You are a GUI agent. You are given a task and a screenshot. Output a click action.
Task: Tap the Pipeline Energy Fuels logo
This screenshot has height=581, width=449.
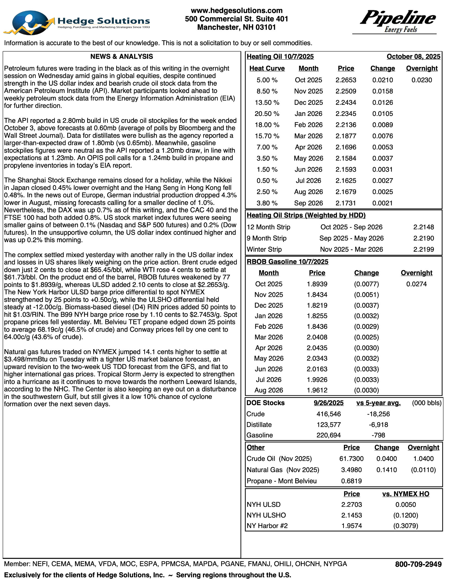(x=397, y=21)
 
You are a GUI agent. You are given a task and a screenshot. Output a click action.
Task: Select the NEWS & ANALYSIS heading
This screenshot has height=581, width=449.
(x=121, y=57)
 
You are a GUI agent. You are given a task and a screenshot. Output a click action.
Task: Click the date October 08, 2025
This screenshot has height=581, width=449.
(x=413, y=57)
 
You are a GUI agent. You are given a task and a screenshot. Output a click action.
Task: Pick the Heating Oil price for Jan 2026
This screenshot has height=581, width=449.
(x=346, y=114)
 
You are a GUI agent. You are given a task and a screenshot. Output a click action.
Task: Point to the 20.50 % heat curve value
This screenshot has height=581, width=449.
(x=267, y=114)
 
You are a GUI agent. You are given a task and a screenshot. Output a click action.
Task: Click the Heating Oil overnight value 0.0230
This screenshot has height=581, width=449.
(x=422, y=80)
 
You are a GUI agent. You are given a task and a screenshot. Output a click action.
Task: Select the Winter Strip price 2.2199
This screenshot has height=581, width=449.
(x=423, y=249)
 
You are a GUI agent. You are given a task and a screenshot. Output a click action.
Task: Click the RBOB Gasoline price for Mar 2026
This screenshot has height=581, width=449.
(x=317, y=337)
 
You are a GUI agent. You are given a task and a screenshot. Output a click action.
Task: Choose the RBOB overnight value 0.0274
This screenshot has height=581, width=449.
(x=416, y=284)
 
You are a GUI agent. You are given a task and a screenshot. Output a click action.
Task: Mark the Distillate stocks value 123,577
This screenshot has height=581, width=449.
(x=329, y=425)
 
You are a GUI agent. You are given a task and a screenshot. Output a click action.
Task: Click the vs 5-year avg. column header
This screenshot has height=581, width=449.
(x=378, y=403)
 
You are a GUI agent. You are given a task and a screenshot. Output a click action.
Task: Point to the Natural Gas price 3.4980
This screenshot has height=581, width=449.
(x=351, y=470)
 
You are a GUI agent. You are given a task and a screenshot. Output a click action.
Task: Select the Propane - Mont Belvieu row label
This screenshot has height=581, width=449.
(x=282, y=481)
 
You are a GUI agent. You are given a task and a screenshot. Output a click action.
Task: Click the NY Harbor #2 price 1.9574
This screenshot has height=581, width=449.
(x=352, y=526)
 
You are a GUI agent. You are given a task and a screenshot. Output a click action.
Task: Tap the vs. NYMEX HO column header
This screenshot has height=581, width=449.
(x=406, y=494)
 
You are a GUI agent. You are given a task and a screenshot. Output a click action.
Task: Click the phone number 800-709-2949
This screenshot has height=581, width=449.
(x=418, y=564)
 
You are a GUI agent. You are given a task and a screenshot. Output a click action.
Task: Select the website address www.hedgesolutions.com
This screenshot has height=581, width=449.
(x=236, y=11)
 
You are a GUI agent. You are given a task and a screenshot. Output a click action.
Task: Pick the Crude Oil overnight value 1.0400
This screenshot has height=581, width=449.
(x=423, y=459)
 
